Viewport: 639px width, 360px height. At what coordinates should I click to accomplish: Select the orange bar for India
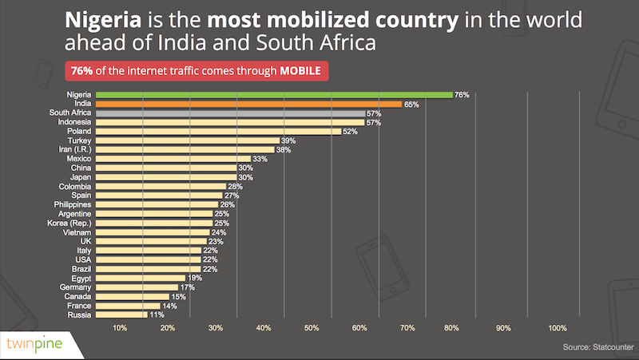pyautogui.click(x=248, y=104)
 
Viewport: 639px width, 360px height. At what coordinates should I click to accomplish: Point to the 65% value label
pyautogui.click(x=411, y=104)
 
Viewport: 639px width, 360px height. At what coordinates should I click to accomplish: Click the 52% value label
pyautogui.click(x=349, y=132)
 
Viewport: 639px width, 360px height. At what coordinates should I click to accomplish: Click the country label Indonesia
pyautogui.click(x=73, y=122)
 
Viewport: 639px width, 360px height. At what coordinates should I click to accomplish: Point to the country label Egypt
pyautogui.click(x=80, y=278)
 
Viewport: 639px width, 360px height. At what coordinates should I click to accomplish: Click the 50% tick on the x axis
pyautogui.click(x=312, y=328)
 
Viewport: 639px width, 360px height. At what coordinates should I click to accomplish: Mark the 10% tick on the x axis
pyautogui.click(x=120, y=328)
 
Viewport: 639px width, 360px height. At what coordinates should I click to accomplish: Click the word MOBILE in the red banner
pyautogui.click(x=300, y=71)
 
